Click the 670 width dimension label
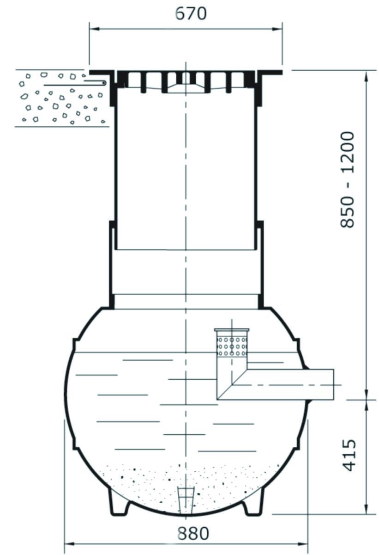[x=191, y=13]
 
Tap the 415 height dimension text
[x=349, y=455]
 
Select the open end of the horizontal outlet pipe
[x=333, y=384]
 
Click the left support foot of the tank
[x=119, y=502]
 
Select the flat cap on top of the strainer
[x=232, y=330]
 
